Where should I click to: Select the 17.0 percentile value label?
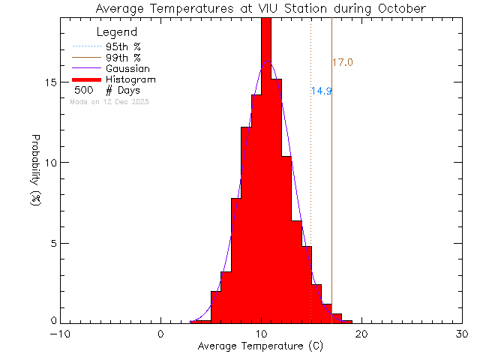[342, 62]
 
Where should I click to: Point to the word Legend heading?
[117, 32]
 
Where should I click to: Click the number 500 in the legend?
[84, 90]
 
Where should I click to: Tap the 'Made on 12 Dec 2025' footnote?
[109, 101]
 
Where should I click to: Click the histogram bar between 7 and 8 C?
[236, 262]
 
